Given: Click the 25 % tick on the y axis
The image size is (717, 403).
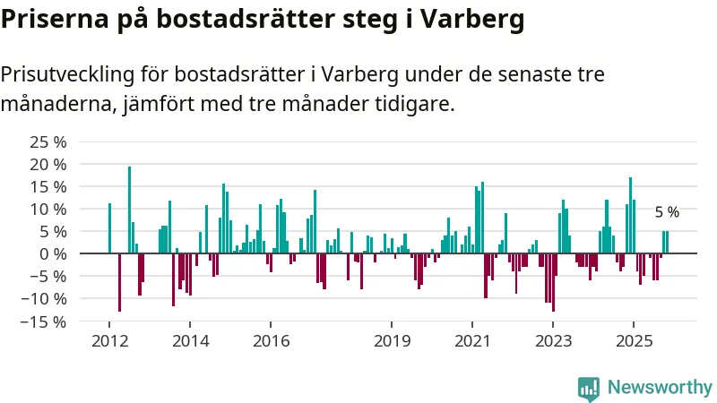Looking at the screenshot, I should [48, 142].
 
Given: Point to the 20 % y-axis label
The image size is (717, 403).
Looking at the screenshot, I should [48, 165].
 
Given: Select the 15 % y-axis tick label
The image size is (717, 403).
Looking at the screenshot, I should [48, 187].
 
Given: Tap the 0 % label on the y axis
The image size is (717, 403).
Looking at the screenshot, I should [53, 253].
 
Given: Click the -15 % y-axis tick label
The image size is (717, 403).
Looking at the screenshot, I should [46, 321].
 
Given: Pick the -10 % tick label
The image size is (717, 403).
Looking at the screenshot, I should [46, 298].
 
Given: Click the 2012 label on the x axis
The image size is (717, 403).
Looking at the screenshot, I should [109, 340].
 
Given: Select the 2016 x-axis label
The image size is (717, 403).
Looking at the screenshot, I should [272, 340].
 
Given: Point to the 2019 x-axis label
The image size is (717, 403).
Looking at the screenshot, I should [392, 340].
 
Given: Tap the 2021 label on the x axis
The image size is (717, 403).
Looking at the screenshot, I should [472, 340].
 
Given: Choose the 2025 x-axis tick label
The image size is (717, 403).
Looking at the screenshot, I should [633, 340].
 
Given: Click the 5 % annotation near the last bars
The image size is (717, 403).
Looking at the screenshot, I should [667, 212].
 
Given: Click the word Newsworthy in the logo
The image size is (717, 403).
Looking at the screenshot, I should [660, 387].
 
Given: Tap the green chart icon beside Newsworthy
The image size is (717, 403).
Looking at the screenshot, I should [589, 387].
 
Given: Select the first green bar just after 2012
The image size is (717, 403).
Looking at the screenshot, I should [109, 228].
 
